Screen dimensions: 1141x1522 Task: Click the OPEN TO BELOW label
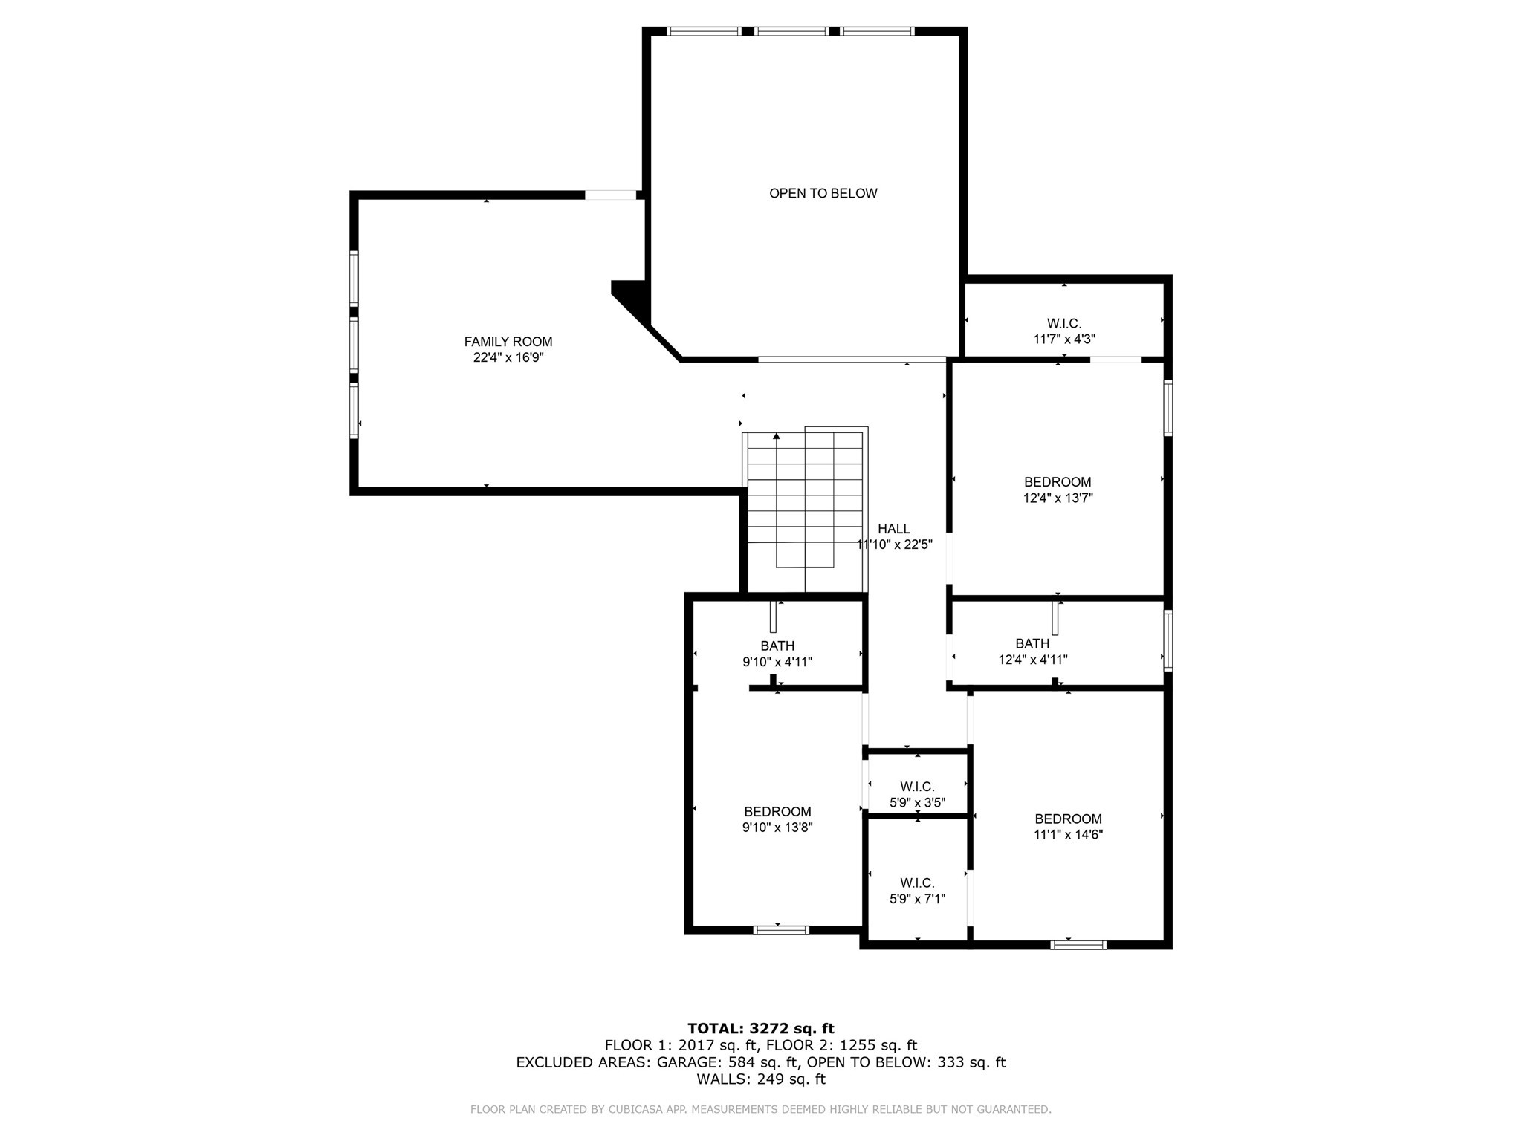(823, 193)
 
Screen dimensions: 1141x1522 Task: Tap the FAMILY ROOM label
(508, 342)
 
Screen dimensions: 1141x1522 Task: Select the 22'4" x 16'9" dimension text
(508, 357)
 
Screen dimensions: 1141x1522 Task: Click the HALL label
(893, 529)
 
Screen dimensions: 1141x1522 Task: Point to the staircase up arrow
(777, 438)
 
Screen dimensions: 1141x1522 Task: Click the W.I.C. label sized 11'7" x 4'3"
(1063, 324)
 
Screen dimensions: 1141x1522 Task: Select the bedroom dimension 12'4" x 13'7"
(1058, 498)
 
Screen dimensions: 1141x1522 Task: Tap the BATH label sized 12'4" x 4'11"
(1032, 643)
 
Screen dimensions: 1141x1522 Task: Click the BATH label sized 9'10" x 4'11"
(777, 646)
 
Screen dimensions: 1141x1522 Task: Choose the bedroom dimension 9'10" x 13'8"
(777, 828)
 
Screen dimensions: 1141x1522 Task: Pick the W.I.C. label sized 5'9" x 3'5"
(917, 787)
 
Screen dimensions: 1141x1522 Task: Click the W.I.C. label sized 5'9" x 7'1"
(917, 883)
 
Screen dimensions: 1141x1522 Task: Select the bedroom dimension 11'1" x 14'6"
(1068, 834)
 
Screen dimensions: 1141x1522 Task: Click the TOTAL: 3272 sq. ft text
(760, 1028)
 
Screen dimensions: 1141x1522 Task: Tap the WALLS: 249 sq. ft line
(760, 1079)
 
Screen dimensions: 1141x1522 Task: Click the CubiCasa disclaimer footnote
(760, 1109)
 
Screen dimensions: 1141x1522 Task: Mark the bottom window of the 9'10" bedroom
(780, 930)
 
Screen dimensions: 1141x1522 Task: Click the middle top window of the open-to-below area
(791, 31)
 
